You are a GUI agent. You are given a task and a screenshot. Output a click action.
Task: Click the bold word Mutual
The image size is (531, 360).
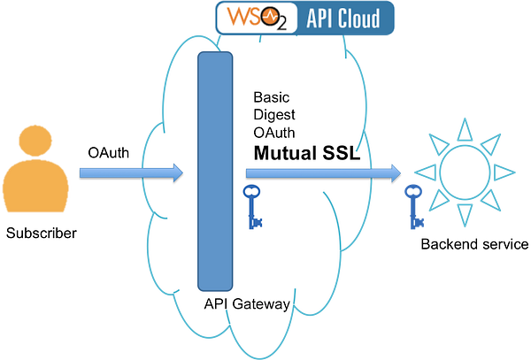click(x=288, y=153)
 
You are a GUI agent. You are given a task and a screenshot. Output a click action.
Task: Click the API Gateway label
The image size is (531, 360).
click(x=246, y=304)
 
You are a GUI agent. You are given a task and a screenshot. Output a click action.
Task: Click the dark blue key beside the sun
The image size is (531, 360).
click(x=412, y=205)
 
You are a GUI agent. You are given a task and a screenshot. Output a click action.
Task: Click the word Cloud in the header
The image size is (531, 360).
click(x=361, y=18)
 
